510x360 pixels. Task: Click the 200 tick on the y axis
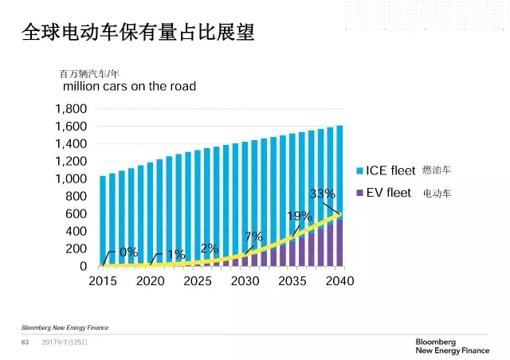[x=76, y=249]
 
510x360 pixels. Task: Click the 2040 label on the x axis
[x=339, y=281]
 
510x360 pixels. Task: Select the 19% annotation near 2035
[x=299, y=216]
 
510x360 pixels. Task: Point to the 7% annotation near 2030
[x=254, y=237]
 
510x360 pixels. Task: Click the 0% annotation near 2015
[x=128, y=252]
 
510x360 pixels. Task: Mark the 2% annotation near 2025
[x=210, y=248]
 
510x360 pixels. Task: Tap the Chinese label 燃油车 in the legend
[x=437, y=170]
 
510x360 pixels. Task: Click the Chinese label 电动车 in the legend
[x=437, y=193]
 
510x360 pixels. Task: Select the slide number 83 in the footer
[x=24, y=342]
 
